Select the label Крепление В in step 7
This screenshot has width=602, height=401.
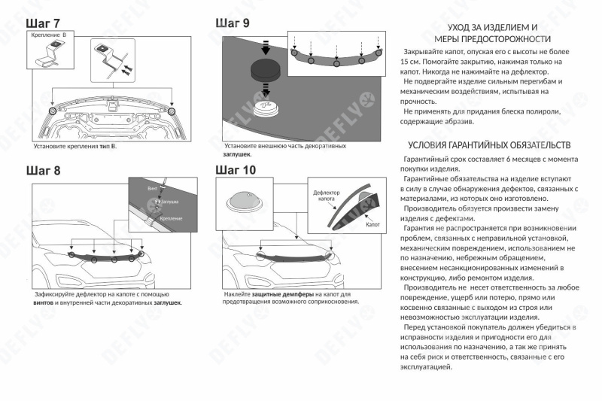click(x=49, y=35)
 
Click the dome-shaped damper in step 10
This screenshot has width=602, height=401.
click(x=244, y=202)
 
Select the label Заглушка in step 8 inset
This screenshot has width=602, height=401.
click(x=170, y=202)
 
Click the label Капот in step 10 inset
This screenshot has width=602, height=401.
click(x=372, y=224)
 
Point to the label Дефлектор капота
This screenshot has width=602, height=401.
click(x=327, y=196)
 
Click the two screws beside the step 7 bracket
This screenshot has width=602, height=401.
click(x=125, y=68)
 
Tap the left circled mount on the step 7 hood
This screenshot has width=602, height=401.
click(x=53, y=111)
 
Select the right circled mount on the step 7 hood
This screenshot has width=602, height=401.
click(x=172, y=111)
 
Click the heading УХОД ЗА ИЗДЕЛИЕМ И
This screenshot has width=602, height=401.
click(x=492, y=26)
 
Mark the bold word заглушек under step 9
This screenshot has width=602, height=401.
click(x=237, y=153)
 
